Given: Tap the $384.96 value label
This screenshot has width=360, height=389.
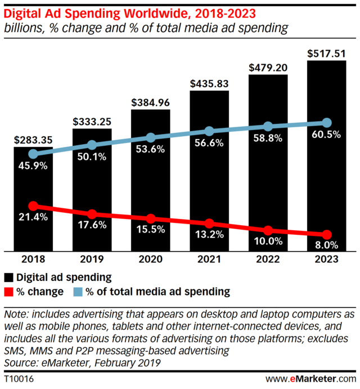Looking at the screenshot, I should tap(150, 103).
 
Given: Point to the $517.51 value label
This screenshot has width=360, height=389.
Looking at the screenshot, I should tap(326, 53).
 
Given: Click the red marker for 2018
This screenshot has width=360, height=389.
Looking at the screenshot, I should tap(33, 206).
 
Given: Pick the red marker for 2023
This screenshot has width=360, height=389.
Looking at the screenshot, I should tap(326, 234).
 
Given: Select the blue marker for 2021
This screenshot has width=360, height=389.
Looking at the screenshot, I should tap(209, 131).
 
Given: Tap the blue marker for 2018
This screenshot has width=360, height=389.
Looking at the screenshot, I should tap(33, 154).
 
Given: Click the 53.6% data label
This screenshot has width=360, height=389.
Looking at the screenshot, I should tap(150, 149).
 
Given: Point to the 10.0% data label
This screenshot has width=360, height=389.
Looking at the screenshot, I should tap(268, 242).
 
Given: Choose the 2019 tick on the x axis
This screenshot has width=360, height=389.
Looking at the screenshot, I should tap(92, 260).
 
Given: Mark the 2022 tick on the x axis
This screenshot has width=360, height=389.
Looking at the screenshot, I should tap(268, 260).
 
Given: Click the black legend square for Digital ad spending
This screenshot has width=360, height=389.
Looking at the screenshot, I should tap(9, 277).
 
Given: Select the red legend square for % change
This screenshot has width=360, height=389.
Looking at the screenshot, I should tap(9, 292).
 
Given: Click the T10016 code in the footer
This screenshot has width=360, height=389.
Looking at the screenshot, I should tap(19, 378).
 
